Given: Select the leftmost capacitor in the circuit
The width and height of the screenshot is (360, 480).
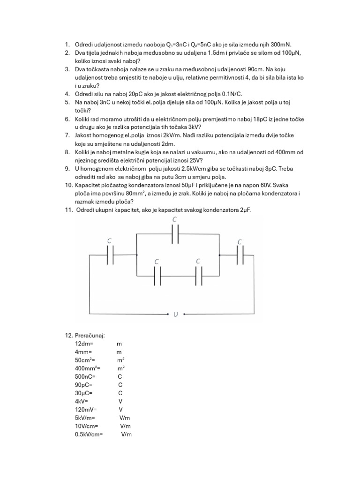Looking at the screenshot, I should pyautogui.click(x=111, y=255).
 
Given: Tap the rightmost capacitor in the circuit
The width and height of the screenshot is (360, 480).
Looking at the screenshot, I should pyautogui.click(x=240, y=255).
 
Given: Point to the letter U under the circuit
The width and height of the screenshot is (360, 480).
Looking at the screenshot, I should pyautogui.click(x=176, y=314).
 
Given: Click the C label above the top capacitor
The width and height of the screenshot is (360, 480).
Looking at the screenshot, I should pyautogui.click(x=175, y=219).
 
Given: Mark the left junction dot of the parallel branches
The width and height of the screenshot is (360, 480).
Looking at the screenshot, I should pyautogui.click(x=136, y=255).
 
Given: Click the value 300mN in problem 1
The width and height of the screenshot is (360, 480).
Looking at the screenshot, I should pyautogui.click(x=280, y=45).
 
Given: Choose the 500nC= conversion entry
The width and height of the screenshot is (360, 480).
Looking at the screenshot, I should pyautogui.click(x=85, y=376).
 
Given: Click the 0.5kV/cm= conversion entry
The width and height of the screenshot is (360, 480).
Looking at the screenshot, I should pyautogui.click(x=89, y=435).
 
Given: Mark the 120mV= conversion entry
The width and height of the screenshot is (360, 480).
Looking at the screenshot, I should pyautogui.click(x=85, y=409).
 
